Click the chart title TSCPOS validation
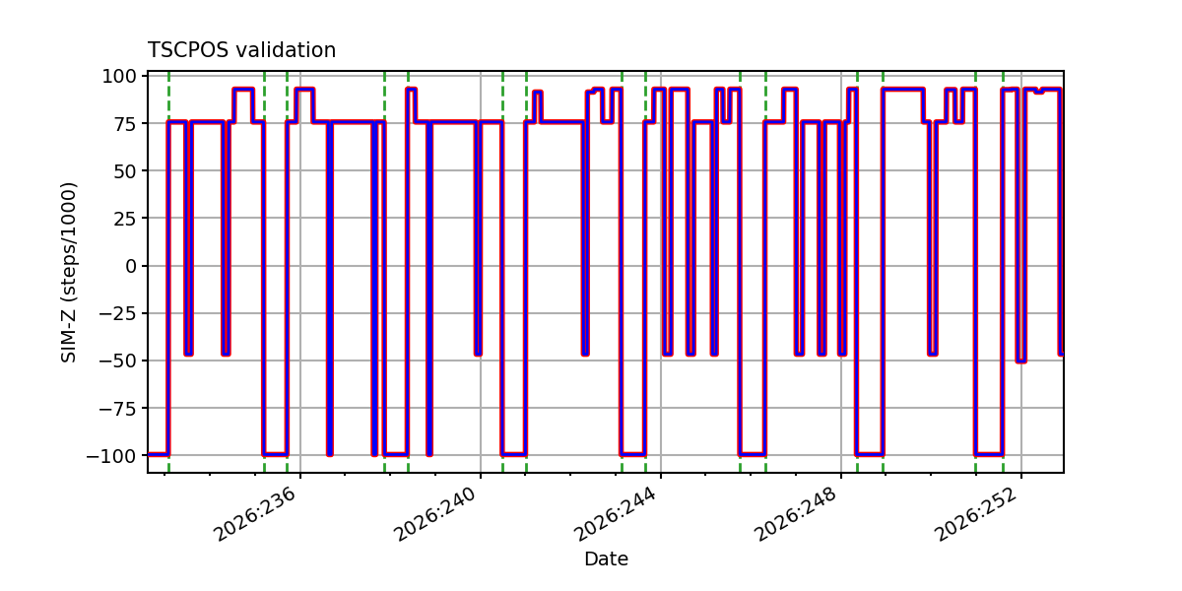(241, 50)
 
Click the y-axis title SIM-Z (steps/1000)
(69, 273)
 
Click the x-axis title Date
(606, 558)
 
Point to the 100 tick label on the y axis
(119, 77)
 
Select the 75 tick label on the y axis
(124, 124)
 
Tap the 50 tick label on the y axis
(124, 171)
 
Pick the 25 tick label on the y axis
(124, 219)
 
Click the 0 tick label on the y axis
(130, 266)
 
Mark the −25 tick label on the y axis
(117, 313)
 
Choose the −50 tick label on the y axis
(117, 361)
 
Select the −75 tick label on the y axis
(117, 409)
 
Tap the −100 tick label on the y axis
(111, 456)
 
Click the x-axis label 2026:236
(255, 514)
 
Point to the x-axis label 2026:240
(435, 514)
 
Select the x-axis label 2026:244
(617, 514)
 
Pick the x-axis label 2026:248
(797, 514)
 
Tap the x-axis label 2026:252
(977, 514)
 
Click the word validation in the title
(286, 50)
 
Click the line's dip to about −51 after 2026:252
(1021, 361)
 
